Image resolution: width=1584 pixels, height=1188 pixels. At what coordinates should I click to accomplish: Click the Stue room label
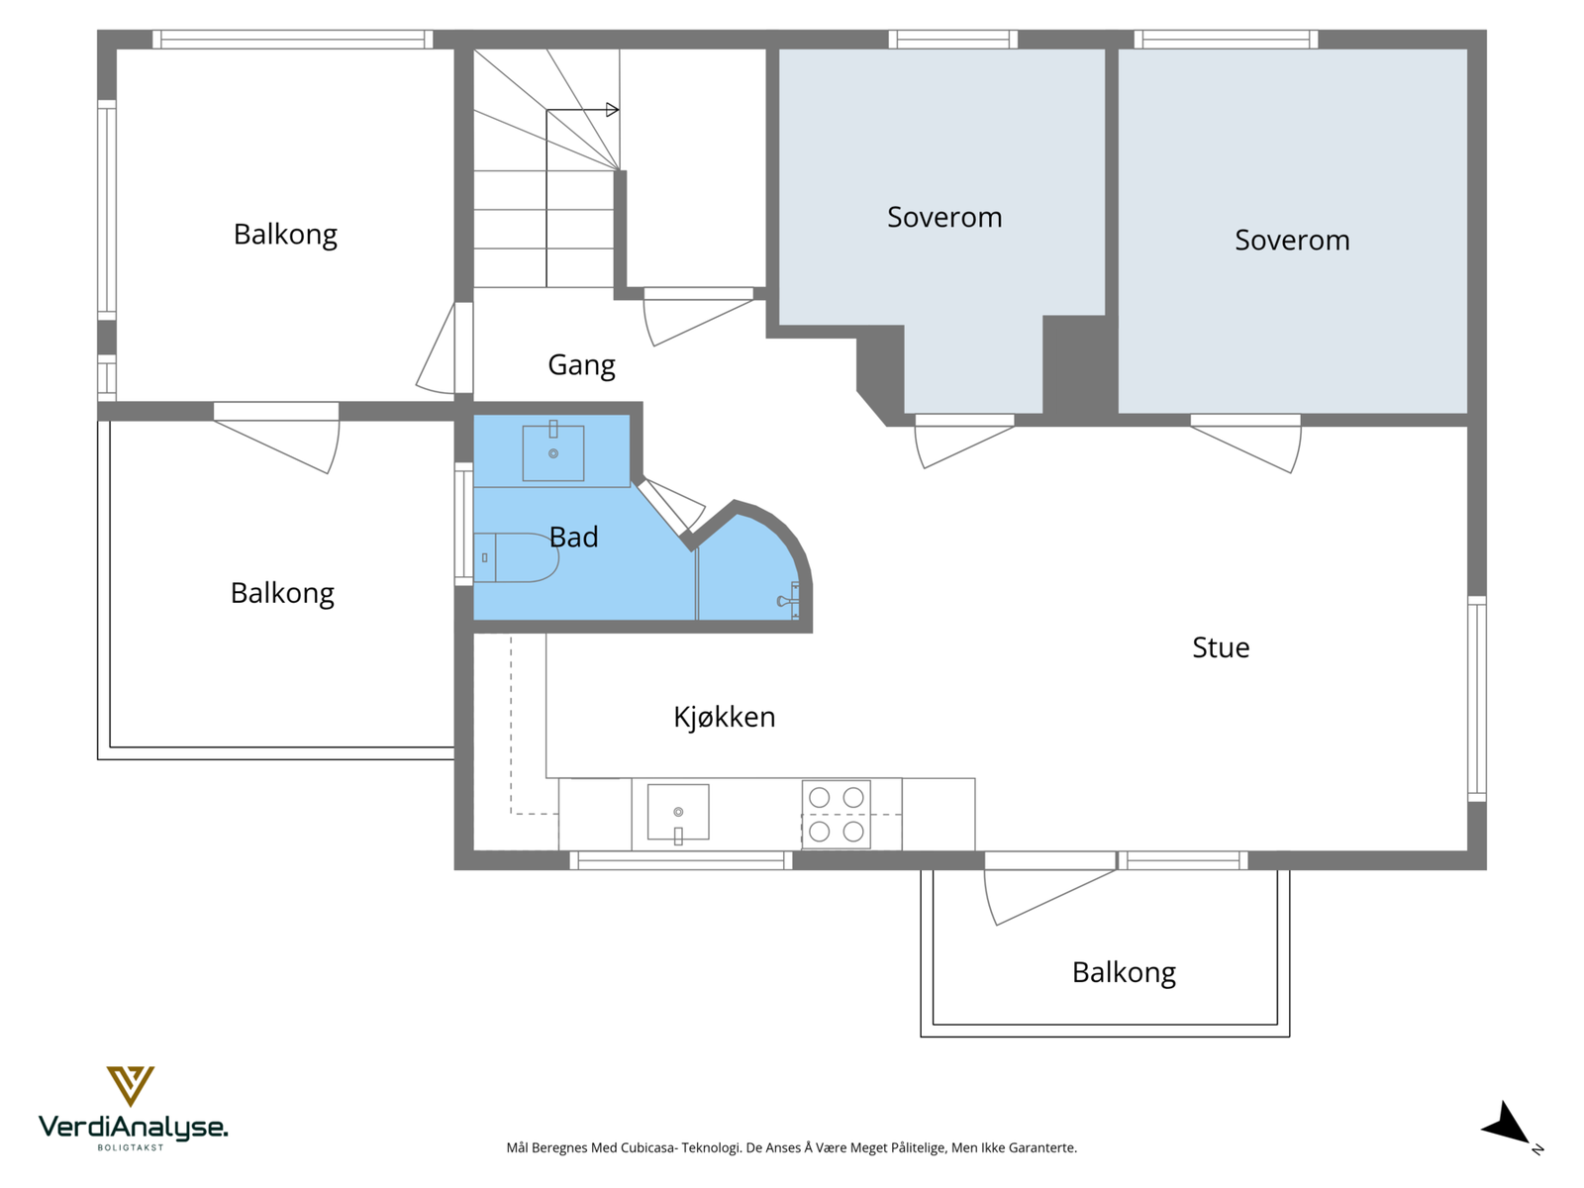click(x=1221, y=647)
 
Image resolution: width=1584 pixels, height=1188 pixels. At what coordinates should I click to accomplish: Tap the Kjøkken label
click(x=724, y=717)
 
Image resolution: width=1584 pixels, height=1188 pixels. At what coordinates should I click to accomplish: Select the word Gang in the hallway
click(x=581, y=365)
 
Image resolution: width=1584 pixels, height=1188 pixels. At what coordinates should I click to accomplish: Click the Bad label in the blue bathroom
click(x=573, y=537)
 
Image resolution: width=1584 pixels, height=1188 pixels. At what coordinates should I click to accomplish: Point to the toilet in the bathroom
click(x=519, y=557)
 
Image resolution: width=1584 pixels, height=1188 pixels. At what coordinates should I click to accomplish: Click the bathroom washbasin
click(x=552, y=453)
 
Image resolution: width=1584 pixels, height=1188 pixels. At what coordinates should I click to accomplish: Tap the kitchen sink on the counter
click(x=678, y=813)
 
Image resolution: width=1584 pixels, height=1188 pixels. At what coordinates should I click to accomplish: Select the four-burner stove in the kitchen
click(x=836, y=814)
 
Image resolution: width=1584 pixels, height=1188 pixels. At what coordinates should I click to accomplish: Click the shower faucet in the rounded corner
click(x=788, y=601)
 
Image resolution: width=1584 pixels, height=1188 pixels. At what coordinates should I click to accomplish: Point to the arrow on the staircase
click(x=612, y=110)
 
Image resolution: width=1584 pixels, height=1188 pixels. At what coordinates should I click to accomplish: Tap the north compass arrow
click(x=1507, y=1126)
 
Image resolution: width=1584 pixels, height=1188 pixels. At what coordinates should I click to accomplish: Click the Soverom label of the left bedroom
click(x=944, y=217)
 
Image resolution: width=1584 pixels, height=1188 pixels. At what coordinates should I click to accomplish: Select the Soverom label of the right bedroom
click(x=1292, y=240)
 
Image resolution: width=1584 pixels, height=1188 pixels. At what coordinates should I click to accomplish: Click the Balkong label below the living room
click(x=1124, y=972)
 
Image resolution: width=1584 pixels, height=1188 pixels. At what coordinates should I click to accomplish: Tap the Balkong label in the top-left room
click(x=285, y=235)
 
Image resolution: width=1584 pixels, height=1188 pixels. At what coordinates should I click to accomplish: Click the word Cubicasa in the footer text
click(x=649, y=1148)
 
